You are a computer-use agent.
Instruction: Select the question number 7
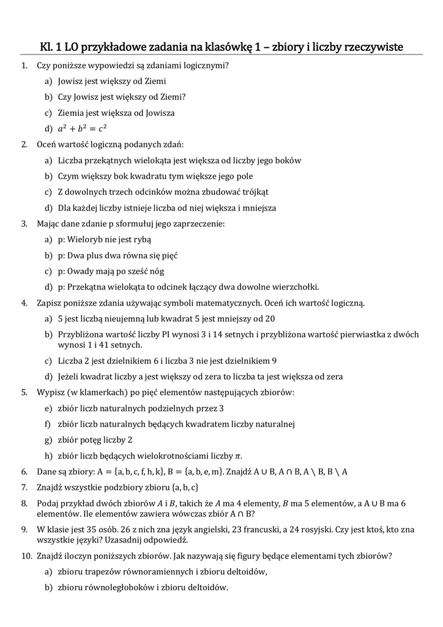24,487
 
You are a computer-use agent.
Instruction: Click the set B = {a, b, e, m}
194,471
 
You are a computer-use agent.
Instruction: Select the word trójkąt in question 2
254,192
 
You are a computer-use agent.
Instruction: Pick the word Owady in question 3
81,271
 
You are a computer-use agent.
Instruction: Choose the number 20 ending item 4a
269,318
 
